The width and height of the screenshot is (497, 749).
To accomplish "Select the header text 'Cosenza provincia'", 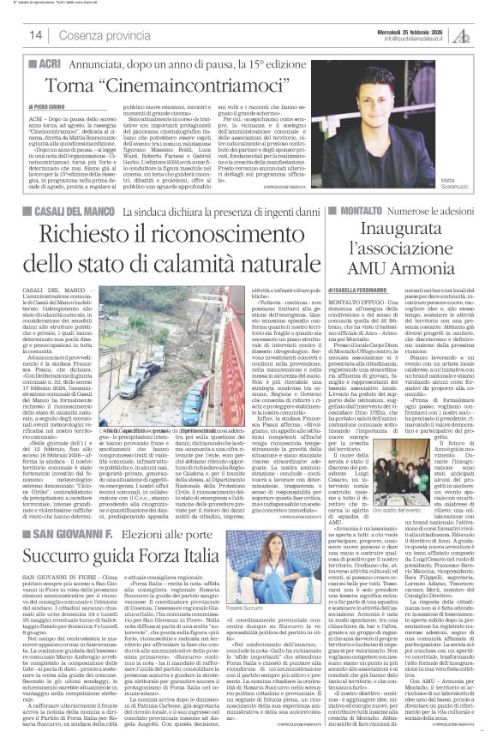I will (111, 35).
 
